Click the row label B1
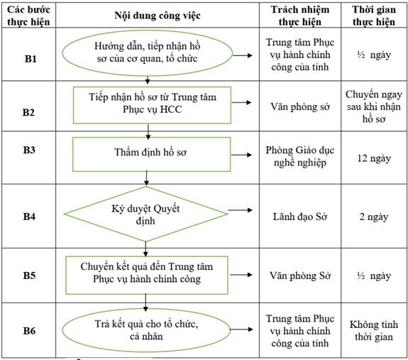31,59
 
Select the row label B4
29,217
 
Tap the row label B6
29,331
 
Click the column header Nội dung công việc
158,16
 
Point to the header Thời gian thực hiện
374,16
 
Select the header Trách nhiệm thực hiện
300,16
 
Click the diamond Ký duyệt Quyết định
145,214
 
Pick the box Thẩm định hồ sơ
152,154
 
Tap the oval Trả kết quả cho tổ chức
146,330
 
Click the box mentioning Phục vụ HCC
153,105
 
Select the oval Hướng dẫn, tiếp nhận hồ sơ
148,53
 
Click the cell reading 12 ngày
374,158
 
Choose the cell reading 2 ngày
374,217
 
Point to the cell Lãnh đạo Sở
300,217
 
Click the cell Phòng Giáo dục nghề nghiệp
300,156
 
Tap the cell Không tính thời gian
374,331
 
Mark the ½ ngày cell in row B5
374,276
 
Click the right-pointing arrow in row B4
240,210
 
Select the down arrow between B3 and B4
146,178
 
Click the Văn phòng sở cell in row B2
300,107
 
